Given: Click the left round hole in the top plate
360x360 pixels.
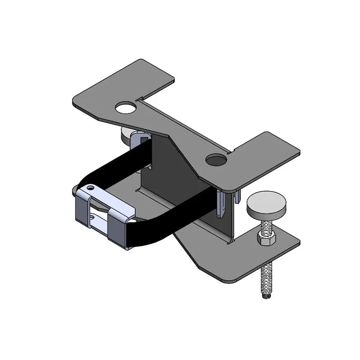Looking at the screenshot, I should [x=126, y=108].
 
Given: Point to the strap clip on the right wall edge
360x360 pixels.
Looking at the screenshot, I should [x=222, y=202].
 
